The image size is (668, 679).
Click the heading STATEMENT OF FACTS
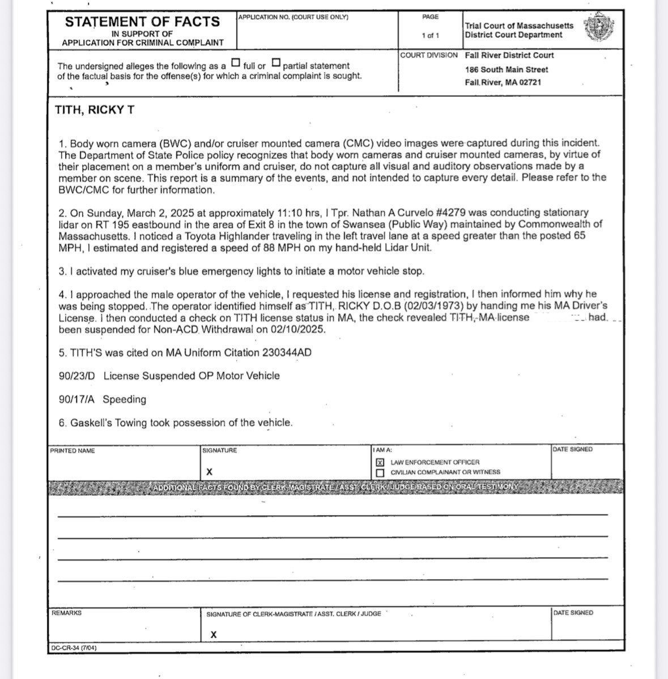point(142,22)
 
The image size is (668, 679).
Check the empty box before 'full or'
point(236,62)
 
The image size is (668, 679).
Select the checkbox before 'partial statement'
point(276,62)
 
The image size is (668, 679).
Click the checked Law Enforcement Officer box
point(380,462)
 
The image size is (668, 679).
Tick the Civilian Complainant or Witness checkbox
point(380,473)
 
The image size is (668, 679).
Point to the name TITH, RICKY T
point(95,110)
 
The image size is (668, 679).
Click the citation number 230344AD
point(287,352)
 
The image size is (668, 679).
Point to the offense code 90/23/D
point(77,376)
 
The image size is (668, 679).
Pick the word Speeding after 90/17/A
point(124,399)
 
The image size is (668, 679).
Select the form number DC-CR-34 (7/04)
point(74,647)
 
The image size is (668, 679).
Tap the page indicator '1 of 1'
point(430,35)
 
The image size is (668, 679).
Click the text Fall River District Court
point(509,55)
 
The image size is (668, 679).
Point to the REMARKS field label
point(66,613)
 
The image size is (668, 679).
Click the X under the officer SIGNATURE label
point(210,472)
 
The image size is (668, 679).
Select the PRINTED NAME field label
point(73,451)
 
